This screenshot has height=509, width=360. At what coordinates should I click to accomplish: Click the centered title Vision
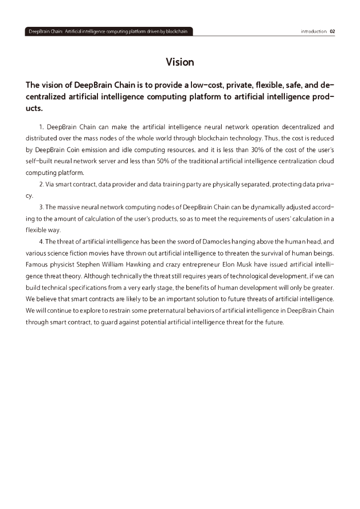[x=180, y=62]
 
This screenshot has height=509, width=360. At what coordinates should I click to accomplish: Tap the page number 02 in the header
[x=332, y=31]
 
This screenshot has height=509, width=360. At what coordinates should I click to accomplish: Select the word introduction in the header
[x=314, y=31]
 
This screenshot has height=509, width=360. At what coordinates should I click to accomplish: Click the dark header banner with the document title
[x=108, y=31]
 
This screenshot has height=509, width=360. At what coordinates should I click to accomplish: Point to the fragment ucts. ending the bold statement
[x=34, y=107]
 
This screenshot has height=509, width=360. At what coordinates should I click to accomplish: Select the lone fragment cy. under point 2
[x=29, y=196]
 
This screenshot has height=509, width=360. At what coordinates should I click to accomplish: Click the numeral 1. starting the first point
[x=41, y=127]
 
